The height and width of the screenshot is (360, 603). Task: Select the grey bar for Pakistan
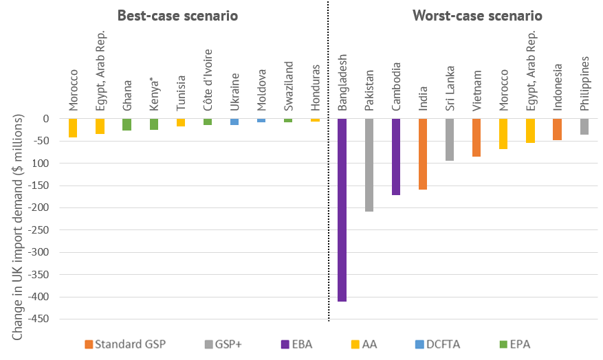[369, 165]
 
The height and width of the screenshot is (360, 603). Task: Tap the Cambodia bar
[396, 157]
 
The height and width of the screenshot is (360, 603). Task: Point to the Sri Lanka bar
[450, 139]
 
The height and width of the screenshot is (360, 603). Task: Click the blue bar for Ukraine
[234, 122]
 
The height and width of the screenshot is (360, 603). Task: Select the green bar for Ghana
[127, 124]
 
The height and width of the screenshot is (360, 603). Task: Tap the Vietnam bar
[476, 137]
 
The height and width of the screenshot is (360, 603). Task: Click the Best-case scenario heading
[177, 15]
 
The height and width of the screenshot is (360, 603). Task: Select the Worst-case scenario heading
[476, 15]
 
